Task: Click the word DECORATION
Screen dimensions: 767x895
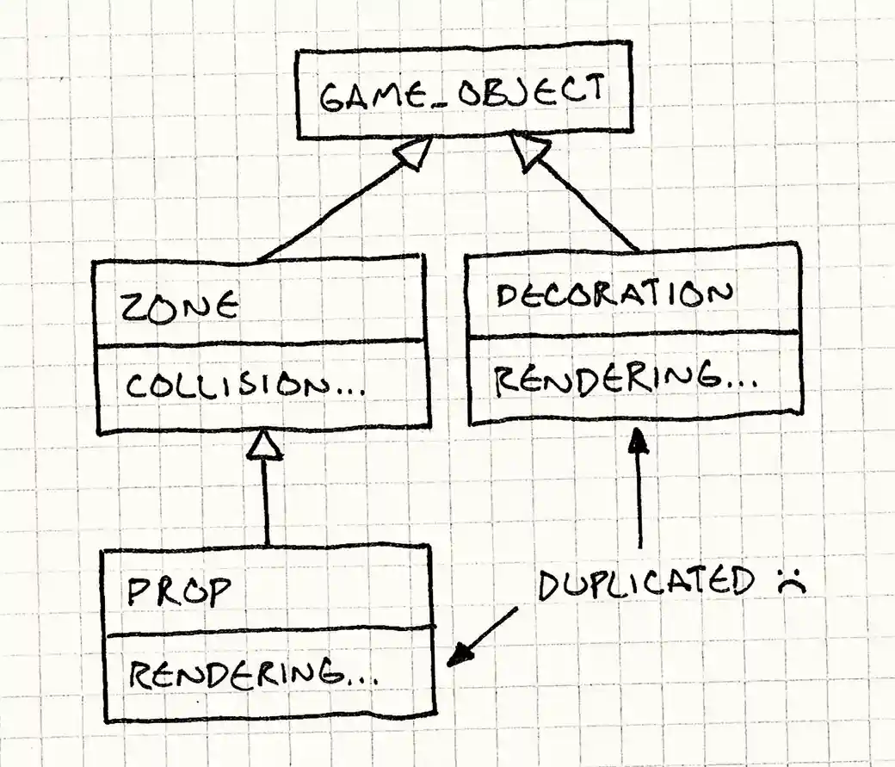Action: [614, 296]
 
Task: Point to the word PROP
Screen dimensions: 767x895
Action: [178, 591]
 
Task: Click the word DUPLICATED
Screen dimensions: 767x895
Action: [646, 585]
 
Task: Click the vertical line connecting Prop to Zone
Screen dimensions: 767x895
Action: [267, 504]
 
